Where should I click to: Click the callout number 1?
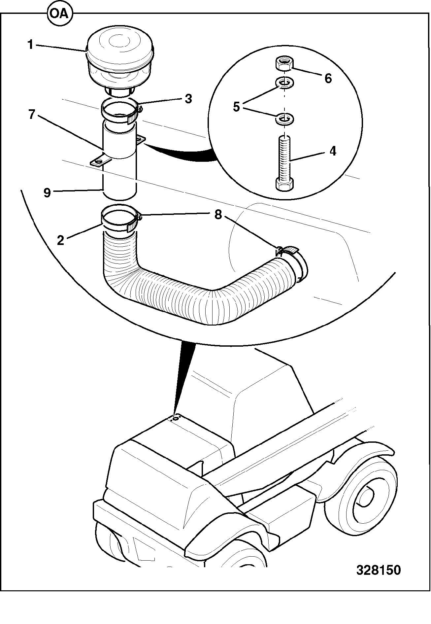tap(30, 45)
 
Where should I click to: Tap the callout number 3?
tap(188, 99)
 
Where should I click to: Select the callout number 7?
tap(31, 115)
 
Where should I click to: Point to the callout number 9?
tap(47, 192)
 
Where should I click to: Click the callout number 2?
tap(60, 240)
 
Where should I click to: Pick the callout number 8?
tap(218, 215)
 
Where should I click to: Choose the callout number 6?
tap(328, 78)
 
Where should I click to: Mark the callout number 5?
tap(236, 107)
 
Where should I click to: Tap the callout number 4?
tap(333, 151)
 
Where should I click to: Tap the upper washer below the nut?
tap(284, 83)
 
